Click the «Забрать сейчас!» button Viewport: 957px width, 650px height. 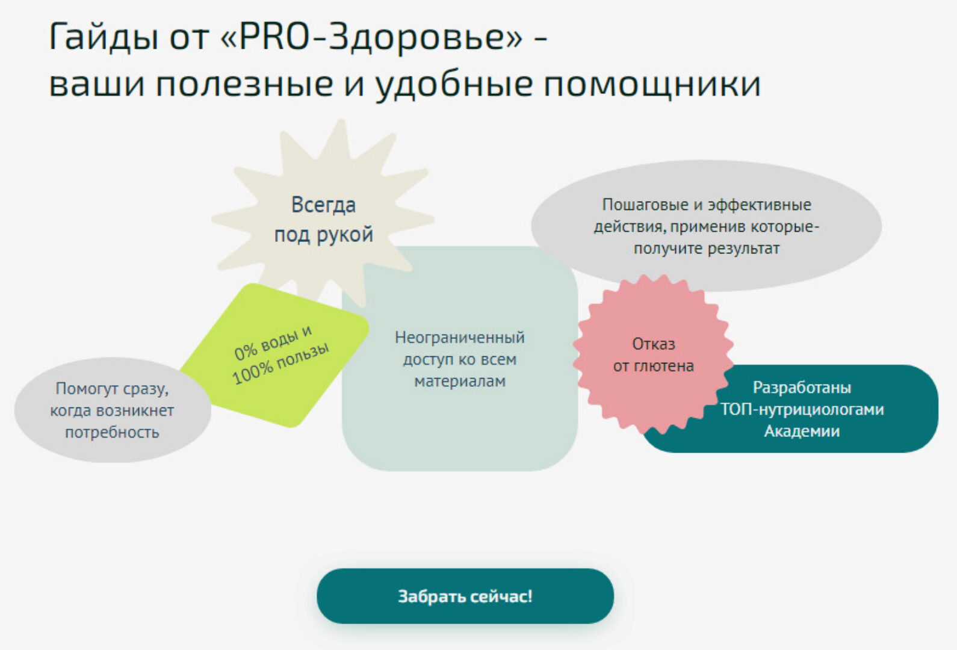(x=465, y=596)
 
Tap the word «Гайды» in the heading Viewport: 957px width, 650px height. (x=103, y=37)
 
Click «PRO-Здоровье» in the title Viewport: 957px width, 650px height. (x=371, y=37)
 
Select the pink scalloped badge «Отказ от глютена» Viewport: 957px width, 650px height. (x=653, y=354)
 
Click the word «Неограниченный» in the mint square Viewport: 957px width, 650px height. (x=460, y=338)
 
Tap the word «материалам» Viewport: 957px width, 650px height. (x=460, y=381)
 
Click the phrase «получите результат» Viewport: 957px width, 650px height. (x=707, y=248)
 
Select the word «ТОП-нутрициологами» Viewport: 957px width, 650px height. (x=802, y=409)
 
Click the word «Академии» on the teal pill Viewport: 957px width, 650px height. (x=802, y=431)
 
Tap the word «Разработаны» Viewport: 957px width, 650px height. (x=802, y=388)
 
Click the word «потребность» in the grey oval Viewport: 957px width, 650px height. (x=112, y=432)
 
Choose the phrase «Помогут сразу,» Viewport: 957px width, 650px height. (x=112, y=389)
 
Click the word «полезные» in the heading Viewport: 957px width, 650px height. (x=244, y=84)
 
